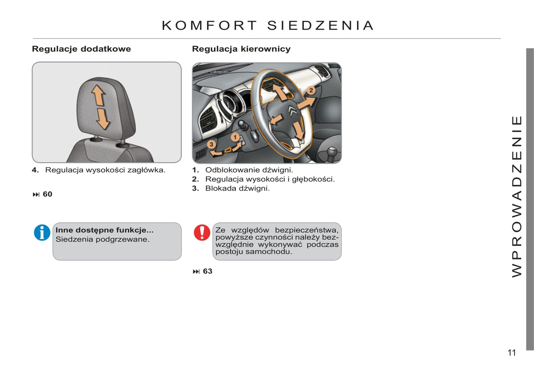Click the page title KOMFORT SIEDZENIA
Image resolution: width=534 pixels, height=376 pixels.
coord(268,25)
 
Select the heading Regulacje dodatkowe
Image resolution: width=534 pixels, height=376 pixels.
coord(81,49)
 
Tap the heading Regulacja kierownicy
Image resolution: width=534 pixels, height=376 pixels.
coord(241,49)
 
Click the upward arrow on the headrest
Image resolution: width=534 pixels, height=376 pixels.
coord(98,95)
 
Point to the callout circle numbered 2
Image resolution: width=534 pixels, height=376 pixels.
coord(311,90)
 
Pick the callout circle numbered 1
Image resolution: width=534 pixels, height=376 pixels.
coord(235,138)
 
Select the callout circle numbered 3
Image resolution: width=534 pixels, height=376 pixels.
coord(211,144)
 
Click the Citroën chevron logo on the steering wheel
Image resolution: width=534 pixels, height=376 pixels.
coord(292,110)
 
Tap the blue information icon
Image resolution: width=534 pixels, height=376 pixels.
coord(42,233)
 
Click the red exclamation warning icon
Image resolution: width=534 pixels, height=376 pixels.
coord(202,232)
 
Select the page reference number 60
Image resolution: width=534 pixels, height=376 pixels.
coord(47,194)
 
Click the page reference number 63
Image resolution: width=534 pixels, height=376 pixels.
coord(207,272)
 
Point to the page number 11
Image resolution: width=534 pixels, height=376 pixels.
coord(511,353)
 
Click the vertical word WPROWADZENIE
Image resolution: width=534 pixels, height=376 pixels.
coord(517,196)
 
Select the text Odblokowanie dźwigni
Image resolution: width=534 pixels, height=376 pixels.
coord(249,170)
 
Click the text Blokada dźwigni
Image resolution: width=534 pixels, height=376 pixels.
coord(237,189)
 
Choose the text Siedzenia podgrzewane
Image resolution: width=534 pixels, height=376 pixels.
coord(102,239)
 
